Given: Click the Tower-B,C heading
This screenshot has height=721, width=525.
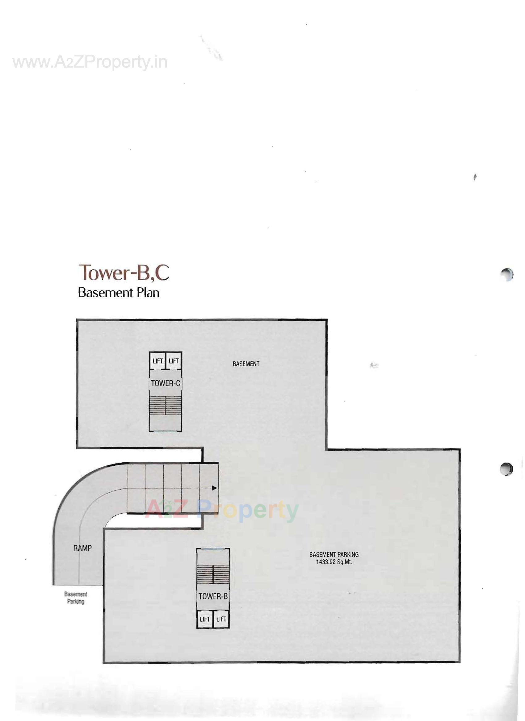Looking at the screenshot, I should pyautogui.click(x=124, y=273).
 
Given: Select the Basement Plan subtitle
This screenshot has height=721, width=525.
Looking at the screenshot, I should pyautogui.click(x=118, y=293).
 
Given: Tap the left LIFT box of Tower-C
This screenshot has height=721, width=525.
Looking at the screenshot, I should pyautogui.click(x=157, y=361).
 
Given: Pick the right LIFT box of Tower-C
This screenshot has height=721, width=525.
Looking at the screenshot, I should pyautogui.click(x=174, y=361).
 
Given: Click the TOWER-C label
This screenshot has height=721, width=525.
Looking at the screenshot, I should pyautogui.click(x=165, y=383).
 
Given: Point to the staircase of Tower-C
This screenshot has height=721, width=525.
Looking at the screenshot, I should pyautogui.click(x=165, y=405).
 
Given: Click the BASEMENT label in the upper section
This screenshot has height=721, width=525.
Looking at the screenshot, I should pyautogui.click(x=246, y=364).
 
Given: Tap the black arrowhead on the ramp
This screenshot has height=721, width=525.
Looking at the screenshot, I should pyautogui.click(x=215, y=488).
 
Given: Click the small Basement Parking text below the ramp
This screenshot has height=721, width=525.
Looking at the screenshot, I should pyautogui.click(x=76, y=598).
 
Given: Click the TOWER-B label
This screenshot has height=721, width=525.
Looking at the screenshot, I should pyautogui.click(x=213, y=596).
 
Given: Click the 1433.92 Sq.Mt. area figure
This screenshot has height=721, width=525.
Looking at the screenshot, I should pyautogui.click(x=334, y=562).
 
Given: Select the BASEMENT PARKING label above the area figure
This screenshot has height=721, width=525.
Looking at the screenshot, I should pyautogui.click(x=334, y=554).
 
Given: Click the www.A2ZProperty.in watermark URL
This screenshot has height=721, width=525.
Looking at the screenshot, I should pyautogui.click(x=90, y=62).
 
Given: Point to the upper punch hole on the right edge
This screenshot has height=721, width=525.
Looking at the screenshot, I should pyautogui.click(x=506, y=274).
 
